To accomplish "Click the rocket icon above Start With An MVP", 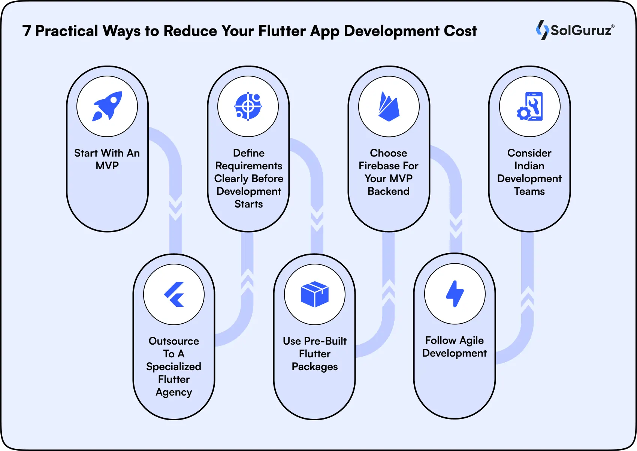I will pyautogui.click(x=107, y=106).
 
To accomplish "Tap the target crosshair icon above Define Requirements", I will pyautogui.click(x=248, y=106).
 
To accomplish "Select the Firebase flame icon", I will pyautogui.click(x=389, y=107).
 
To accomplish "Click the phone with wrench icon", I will pyautogui.click(x=529, y=106).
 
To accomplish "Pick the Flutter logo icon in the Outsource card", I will pyautogui.click(x=174, y=294).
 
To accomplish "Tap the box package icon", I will pyautogui.click(x=315, y=294).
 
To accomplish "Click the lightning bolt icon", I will pyautogui.click(x=455, y=294).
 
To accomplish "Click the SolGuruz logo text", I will pyautogui.click(x=581, y=30).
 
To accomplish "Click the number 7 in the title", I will pyautogui.click(x=26, y=31).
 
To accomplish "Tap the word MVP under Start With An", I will pyautogui.click(x=107, y=166).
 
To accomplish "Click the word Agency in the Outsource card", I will pyautogui.click(x=174, y=392).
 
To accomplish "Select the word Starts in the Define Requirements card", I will pyautogui.click(x=248, y=204).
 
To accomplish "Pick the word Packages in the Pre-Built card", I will pyautogui.click(x=315, y=367).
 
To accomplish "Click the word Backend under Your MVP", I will pyautogui.click(x=389, y=191).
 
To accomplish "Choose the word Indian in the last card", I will pyautogui.click(x=529, y=166).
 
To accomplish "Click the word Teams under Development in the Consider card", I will pyautogui.click(x=529, y=191).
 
